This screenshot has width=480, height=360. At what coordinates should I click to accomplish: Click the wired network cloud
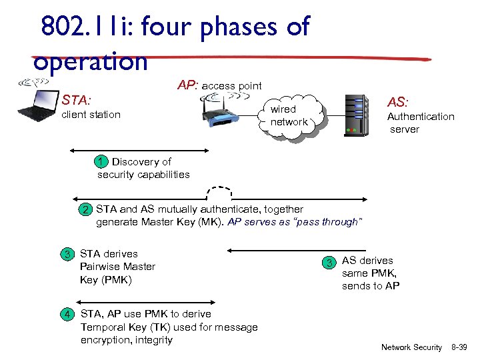(289, 116)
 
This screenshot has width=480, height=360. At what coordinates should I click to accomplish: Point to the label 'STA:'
(76, 101)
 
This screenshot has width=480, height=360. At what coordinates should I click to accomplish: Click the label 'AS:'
(398, 101)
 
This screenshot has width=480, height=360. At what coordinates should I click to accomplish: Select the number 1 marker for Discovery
(99, 161)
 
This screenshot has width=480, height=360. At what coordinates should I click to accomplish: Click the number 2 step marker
(85, 210)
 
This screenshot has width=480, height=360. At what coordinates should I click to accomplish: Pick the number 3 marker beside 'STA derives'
(67, 254)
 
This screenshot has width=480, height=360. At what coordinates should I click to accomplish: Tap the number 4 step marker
(67, 314)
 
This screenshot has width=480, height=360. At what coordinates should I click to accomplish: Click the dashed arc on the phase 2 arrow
(221, 191)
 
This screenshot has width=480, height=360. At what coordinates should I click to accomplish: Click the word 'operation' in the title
(90, 61)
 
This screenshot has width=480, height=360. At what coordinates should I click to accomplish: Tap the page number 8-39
(459, 347)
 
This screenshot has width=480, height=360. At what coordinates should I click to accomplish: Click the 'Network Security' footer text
(411, 347)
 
